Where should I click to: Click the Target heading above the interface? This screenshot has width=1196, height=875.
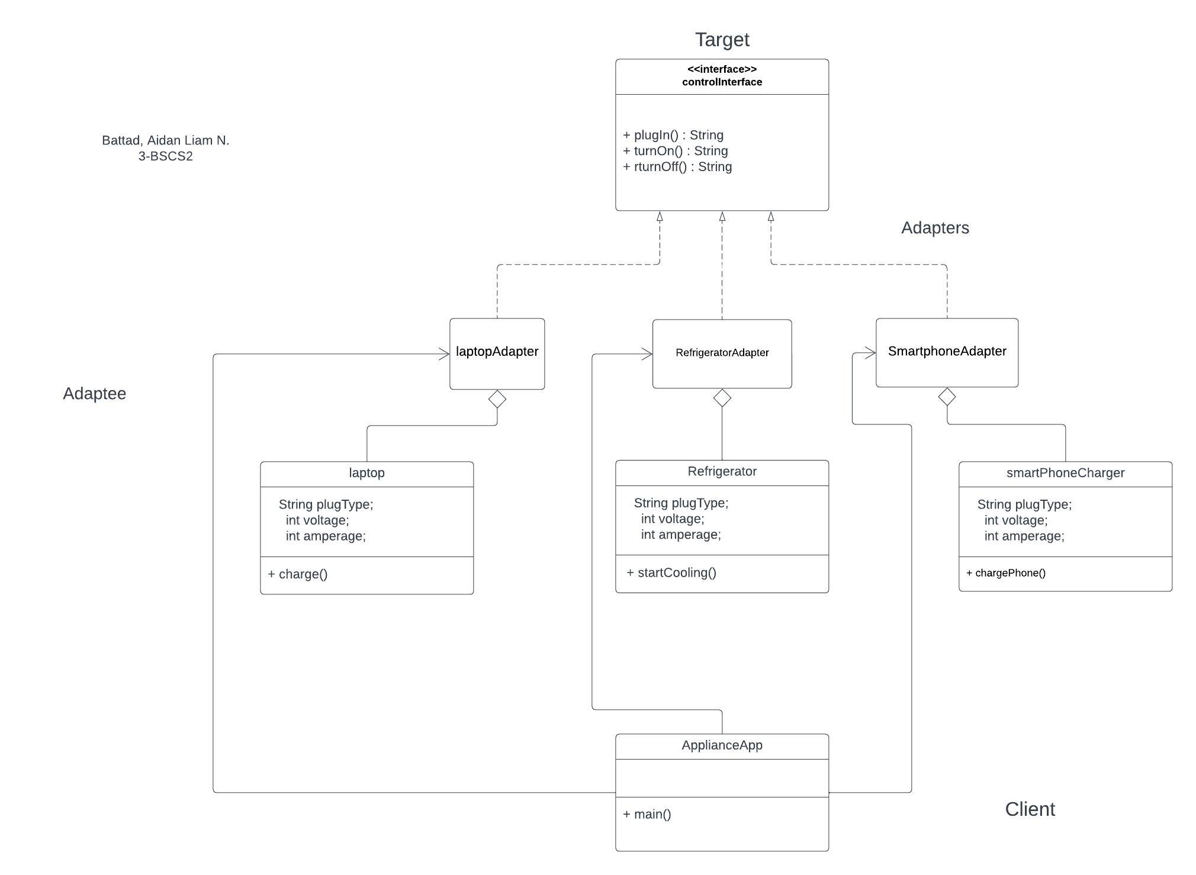722,40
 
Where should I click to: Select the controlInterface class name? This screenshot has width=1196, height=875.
722,82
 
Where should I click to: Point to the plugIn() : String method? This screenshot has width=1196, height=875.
673,135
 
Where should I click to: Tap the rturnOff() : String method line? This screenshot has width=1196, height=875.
677,167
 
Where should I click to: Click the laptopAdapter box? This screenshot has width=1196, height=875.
497,352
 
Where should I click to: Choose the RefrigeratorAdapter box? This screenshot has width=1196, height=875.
722,353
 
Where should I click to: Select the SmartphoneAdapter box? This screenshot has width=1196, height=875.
947,351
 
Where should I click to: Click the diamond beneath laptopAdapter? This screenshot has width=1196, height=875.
497,399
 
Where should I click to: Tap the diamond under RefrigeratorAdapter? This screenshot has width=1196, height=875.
722,398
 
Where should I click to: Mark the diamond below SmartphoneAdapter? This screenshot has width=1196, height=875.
947,397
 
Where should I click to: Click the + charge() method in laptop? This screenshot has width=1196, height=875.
298,574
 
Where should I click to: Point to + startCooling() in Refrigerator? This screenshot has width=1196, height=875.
671,572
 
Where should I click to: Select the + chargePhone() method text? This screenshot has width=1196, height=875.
1006,573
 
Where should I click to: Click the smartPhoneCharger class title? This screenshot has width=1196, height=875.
1065,473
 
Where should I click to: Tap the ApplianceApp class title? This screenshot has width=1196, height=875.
722,745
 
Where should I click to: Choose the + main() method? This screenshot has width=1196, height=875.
647,814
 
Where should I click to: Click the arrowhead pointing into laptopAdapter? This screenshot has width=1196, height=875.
444,354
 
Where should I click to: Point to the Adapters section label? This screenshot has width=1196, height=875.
935,228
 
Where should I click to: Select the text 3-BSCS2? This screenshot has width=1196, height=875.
165,156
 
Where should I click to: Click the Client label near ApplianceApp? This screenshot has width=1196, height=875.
1030,809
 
